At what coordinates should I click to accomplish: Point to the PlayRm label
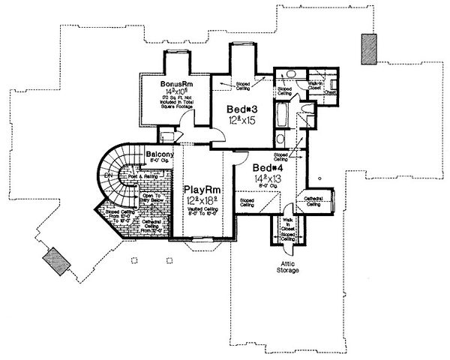tap(200, 190)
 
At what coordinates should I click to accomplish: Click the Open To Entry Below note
tap(153, 200)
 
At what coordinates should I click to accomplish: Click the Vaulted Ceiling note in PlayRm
tap(201, 212)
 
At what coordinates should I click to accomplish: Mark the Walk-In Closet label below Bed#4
tap(287, 223)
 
